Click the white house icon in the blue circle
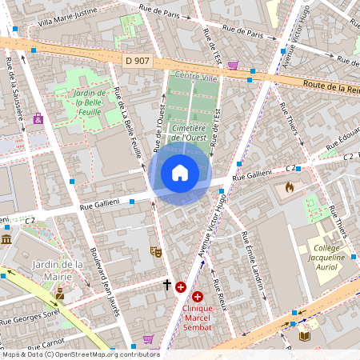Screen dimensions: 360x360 click(180, 173)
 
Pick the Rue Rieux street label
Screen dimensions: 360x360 click(218, 298)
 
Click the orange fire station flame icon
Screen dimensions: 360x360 click(290, 187)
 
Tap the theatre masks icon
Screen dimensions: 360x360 click(156, 251)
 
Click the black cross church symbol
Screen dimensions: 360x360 click(167, 284)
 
